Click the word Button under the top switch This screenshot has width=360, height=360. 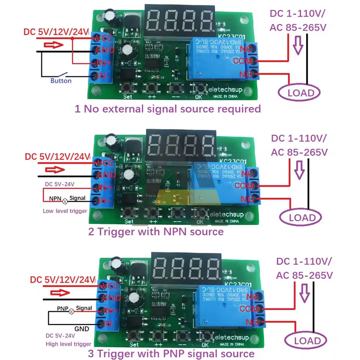coord(61,81)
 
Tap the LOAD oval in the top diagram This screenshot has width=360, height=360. coord(298,93)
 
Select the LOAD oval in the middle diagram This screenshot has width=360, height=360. coord(300,217)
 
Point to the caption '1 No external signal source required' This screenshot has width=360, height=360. coord(167,109)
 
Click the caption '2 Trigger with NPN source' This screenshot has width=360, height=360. coord(156,231)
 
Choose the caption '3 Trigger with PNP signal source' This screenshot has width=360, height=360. coord(171,353)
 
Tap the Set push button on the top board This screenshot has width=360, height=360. coord(128,88)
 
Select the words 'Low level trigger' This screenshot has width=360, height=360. coord(65,211)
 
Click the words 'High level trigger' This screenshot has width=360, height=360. coord(68,344)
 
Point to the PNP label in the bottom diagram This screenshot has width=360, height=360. coord(62,309)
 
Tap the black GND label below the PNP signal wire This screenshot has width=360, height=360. coord(81,329)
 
